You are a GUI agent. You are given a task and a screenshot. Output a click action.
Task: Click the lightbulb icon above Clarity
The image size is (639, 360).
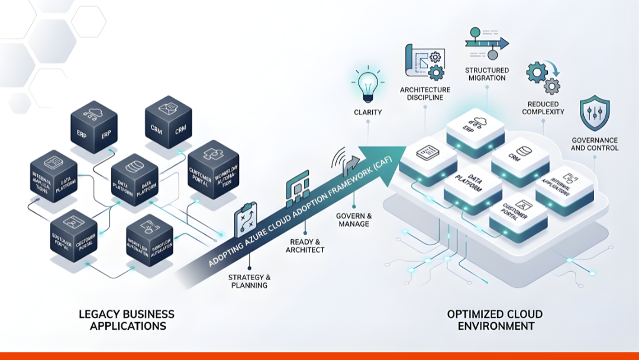coord(367,85)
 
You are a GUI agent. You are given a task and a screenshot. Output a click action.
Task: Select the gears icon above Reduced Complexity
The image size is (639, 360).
coord(543,78)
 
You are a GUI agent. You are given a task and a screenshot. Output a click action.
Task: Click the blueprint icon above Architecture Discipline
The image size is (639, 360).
coord(424,62)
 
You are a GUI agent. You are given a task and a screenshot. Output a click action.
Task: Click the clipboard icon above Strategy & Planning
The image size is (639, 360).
coord(247,220)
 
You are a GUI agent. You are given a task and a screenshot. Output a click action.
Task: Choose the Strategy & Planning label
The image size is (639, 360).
coord(249,281)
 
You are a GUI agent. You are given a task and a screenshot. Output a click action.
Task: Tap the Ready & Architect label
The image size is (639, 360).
coord(306,246)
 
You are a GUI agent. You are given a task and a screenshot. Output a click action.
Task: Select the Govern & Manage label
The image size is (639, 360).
coord(354,220)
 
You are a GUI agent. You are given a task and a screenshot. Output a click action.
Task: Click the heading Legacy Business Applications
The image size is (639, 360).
coord(127,320)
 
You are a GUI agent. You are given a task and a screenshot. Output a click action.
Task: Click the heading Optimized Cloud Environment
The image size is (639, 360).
coord(495,320)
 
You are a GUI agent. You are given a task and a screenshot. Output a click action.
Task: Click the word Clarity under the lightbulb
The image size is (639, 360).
coord(367,112)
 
